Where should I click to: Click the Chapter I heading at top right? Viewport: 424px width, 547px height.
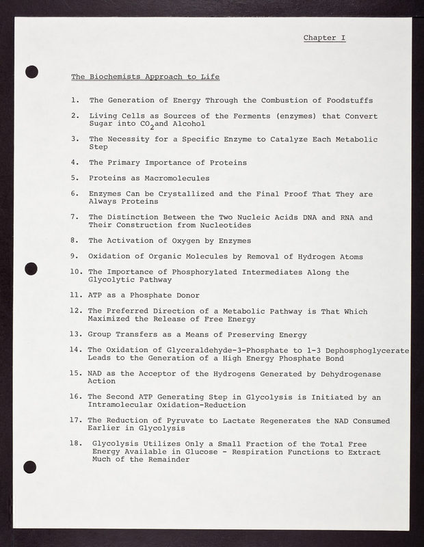(x=324, y=38)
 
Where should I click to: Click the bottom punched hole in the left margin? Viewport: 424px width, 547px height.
(x=29, y=467)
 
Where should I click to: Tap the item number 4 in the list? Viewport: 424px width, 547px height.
(x=74, y=163)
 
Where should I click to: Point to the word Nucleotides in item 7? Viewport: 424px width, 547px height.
(x=224, y=225)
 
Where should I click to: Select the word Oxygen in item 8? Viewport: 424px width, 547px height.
(x=179, y=241)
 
